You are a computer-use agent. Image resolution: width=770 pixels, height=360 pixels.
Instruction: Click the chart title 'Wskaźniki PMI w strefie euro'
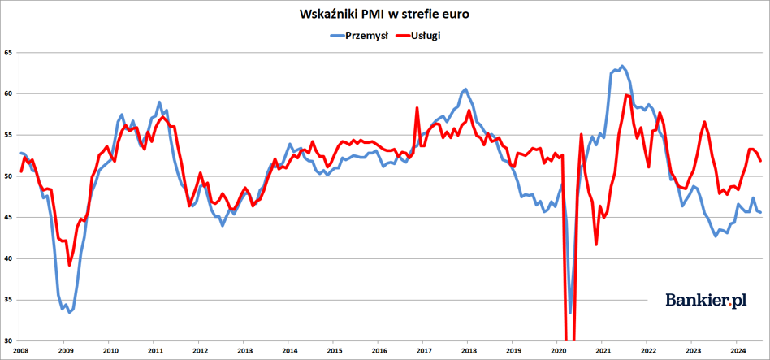(384, 15)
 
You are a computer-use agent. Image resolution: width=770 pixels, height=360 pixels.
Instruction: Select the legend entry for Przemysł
(360, 36)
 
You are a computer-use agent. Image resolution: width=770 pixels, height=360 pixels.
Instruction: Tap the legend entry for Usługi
(417, 36)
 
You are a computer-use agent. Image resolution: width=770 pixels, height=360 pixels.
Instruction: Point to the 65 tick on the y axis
(8, 53)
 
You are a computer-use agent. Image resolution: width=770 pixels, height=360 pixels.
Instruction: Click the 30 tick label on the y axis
(8, 341)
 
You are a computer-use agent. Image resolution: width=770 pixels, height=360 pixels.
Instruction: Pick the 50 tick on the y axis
(8, 176)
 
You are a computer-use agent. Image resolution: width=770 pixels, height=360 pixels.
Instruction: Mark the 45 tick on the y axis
(8, 218)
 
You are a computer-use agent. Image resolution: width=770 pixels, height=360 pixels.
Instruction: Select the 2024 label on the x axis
(737, 351)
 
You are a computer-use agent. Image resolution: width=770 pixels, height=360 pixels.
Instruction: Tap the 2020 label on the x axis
(557, 351)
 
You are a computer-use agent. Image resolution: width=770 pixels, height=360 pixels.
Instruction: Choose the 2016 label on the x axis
(379, 351)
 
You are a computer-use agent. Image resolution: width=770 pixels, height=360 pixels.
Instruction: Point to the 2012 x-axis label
(199, 351)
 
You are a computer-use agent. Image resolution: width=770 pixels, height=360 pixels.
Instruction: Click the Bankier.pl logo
(706, 300)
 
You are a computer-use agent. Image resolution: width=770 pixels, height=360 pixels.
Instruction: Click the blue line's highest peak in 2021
(622, 66)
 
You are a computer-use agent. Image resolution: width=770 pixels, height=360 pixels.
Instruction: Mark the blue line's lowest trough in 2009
(70, 312)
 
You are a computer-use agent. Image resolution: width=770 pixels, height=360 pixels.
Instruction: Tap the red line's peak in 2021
(625, 95)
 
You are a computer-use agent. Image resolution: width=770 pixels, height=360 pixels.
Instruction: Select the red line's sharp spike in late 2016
(417, 107)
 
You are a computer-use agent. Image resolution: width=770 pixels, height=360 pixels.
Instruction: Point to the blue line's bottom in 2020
(570, 313)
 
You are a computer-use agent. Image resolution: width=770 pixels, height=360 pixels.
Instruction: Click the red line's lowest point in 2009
(70, 265)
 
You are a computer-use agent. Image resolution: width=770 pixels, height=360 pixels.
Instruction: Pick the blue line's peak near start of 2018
(465, 89)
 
